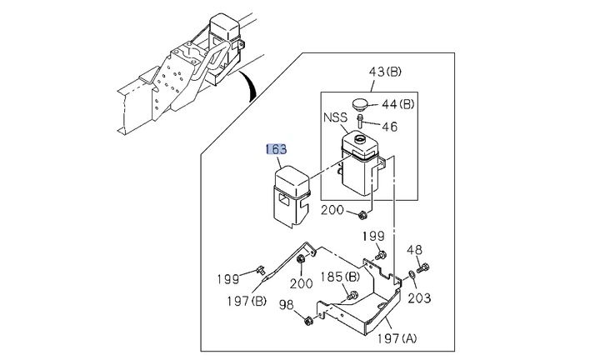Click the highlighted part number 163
point(277,149)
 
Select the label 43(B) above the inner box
point(385,72)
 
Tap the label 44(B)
point(398,104)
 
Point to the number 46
point(389,127)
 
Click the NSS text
point(335,117)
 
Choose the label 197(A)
point(397,338)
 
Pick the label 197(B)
point(247,301)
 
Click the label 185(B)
point(340,277)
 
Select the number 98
point(287,305)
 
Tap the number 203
point(419,298)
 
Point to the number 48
point(414,250)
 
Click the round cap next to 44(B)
point(360,103)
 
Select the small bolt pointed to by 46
point(360,122)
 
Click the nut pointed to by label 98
point(307,322)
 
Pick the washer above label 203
point(412,275)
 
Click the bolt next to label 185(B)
point(352,296)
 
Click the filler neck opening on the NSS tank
point(360,138)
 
